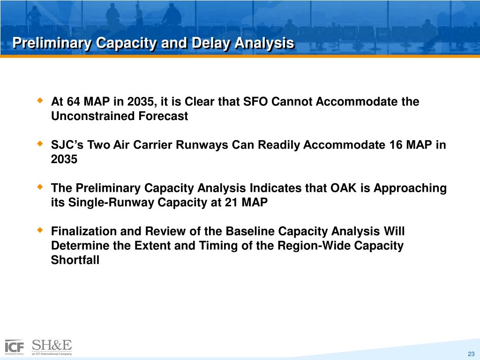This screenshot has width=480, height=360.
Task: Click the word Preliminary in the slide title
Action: pyautogui.click(x=52, y=43)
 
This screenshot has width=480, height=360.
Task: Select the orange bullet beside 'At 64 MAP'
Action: pyautogui.click(x=40, y=100)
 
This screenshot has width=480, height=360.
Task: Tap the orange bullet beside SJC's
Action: pyautogui.click(x=40, y=143)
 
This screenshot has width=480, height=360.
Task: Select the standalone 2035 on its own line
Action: pyautogui.click(x=64, y=159)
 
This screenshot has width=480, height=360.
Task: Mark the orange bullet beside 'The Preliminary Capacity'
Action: pyautogui.click(x=40, y=187)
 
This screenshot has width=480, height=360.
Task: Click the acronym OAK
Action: pyautogui.click(x=344, y=188)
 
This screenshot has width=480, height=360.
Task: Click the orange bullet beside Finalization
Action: pyautogui.click(x=40, y=230)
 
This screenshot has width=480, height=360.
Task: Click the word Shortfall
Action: pyautogui.click(x=75, y=260)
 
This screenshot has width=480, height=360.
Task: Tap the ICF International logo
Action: pyautogui.click(x=15, y=347)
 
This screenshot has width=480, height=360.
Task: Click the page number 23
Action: pyautogui.click(x=471, y=354)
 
